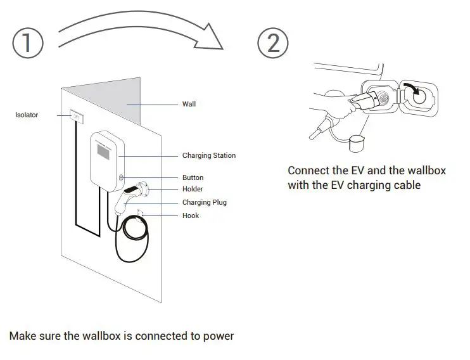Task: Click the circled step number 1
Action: tap(28, 42)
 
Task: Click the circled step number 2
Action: tap(273, 42)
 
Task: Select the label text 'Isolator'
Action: tap(27, 115)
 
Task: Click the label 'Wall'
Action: tap(189, 104)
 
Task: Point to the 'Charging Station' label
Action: tap(208, 155)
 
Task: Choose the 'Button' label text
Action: tap(193, 177)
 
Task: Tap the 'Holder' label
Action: tap(193, 190)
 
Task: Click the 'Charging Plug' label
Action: tap(204, 203)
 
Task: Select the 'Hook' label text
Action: tap(190, 215)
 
